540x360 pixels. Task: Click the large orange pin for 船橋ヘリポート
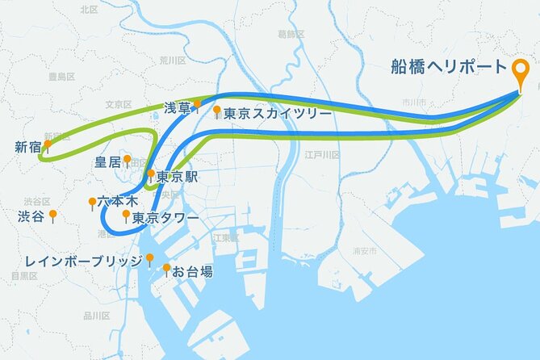tap(522, 73)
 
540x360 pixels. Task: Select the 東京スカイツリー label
tap(278, 114)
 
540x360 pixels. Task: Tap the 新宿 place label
tap(27, 147)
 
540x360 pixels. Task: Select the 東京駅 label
tap(177, 177)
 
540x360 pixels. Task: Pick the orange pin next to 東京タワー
tap(125, 215)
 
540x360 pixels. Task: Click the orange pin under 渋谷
tap(52, 215)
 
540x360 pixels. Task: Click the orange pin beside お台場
tap(166, 268)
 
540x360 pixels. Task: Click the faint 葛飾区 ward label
tap(290, 34)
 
